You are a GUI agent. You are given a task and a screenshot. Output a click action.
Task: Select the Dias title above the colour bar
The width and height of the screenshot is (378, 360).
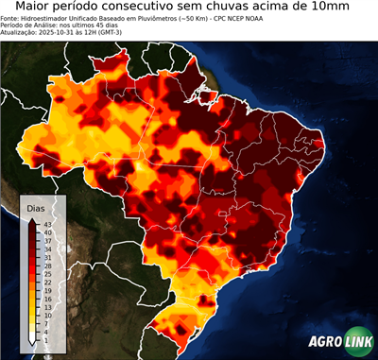(37, 208)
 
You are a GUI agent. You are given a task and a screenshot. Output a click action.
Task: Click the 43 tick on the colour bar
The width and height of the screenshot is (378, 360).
(47, 223)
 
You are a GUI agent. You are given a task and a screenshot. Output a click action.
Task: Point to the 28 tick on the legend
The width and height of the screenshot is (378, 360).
(47, 266)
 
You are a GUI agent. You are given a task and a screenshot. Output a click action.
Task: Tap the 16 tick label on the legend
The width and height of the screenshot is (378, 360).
(47, 300)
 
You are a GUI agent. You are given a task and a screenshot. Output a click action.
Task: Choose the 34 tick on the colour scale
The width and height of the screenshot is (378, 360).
(47, 249)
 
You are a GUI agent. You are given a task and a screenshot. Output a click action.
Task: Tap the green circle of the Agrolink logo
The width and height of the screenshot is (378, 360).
(357, 342)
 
